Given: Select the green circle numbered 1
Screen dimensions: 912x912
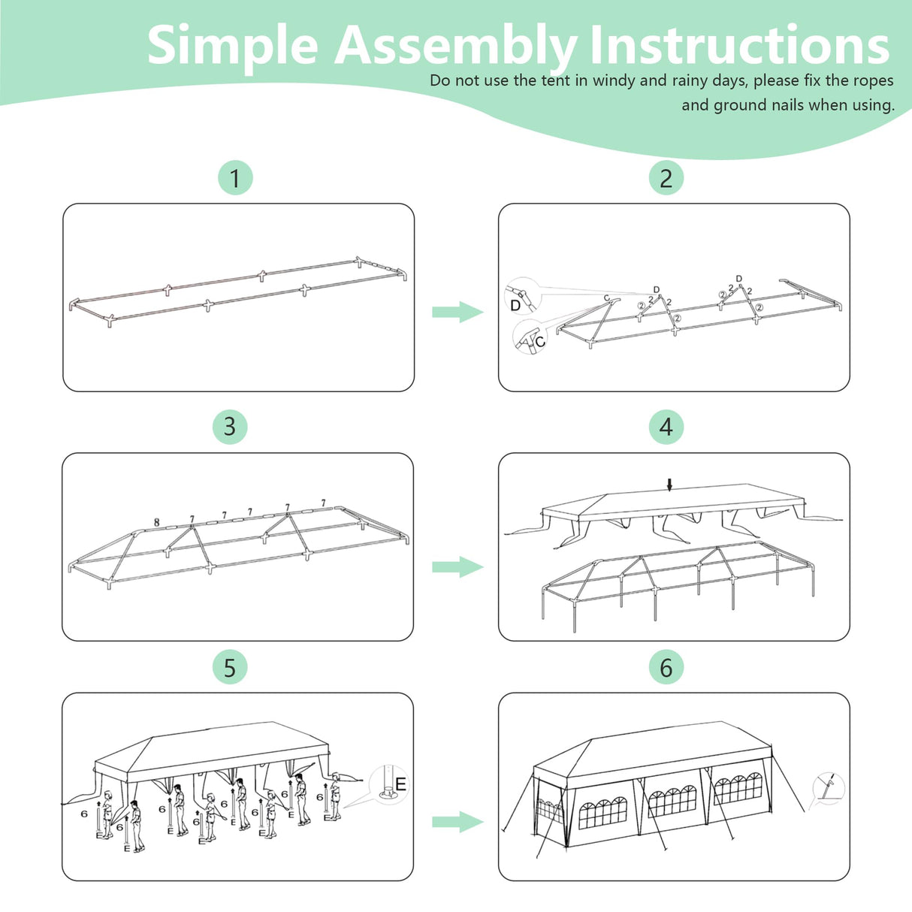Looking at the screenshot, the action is pyautogui.click(x=235, y=178).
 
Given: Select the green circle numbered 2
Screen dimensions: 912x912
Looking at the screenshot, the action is pyautogui.click(x=666, y=178).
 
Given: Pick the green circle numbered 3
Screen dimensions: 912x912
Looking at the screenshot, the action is pyautogui.click(x=230, y=427).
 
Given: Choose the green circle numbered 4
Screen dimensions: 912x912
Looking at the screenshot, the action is pyautogui.click(x=666, y=427).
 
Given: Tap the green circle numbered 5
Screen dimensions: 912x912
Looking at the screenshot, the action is pyautogui.click(x=230, y=667).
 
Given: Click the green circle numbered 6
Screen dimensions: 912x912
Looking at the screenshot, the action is pyautogui.click(x=666, y=667).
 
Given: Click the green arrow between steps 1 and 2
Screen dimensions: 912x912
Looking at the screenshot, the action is pyautogui.click(x=458, y=312).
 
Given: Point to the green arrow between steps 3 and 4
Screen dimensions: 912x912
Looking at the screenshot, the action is pyautogui.click(x=458, y=566).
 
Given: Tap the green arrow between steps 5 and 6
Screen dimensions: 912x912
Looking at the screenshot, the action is pyautogui.click(x=458, y=822).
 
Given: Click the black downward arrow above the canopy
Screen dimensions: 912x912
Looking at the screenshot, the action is pyautogui.click(x=669, y=485).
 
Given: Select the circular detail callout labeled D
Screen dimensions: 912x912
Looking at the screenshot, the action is pyautogui.click(x=523, y=296).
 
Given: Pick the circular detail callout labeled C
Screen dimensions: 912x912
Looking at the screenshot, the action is pyautogui.click(x=530, y=336).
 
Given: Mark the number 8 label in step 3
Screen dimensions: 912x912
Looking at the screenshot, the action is pyautogui.click(x=157, y=522).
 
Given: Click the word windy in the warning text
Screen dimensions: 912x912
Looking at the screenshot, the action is pyautogui.click(x=614, y=80).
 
